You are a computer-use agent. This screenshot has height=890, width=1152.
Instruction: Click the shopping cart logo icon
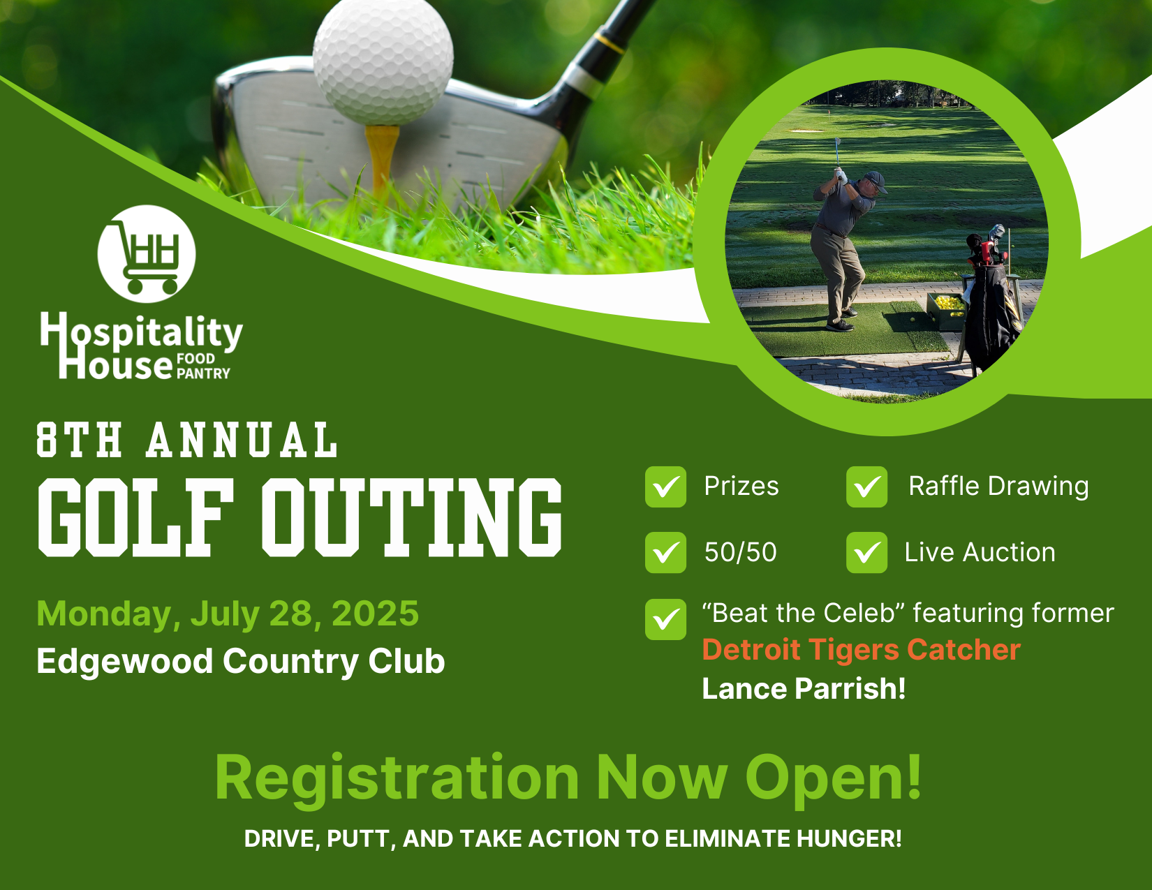[x=147, y=254]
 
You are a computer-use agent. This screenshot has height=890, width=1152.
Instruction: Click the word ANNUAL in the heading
[x=242, y=440]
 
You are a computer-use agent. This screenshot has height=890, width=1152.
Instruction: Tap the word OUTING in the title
[x=412, y=517]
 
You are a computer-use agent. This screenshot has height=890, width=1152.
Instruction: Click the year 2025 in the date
[x=375, y=614]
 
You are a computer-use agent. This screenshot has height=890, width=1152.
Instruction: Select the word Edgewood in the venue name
[x=124, y=662]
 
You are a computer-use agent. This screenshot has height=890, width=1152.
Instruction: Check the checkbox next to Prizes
[x=665, y=487]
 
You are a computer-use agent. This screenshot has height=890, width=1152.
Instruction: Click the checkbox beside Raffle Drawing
[x=866, y=487]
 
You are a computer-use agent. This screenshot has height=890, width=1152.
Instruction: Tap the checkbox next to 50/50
[x=665, y=553]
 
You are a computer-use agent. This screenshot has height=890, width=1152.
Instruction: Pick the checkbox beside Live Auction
[x=866, y=553]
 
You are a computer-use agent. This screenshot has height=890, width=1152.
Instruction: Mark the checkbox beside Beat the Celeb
[x=665, y=619]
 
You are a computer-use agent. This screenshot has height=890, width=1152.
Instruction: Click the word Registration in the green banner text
[x=397, y=778]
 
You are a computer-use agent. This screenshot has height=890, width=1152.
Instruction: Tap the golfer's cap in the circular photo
[x=875, y=181]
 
